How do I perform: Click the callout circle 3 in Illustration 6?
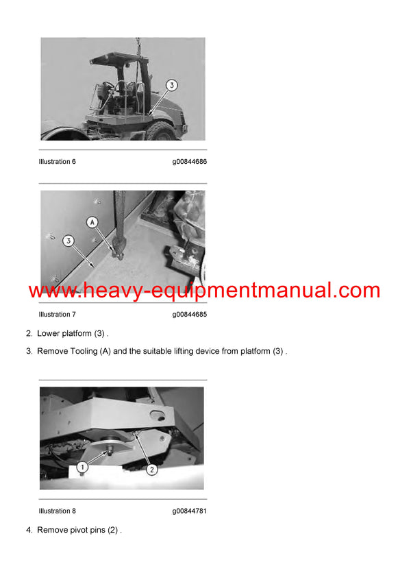[171, 85]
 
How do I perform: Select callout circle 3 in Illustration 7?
[68, 241]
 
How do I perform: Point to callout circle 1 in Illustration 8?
[82, 467]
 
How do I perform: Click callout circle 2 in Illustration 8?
[152, 470]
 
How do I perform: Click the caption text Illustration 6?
[58, 162]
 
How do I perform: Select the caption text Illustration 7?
[58, 315]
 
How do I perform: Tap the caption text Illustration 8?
[58, 511]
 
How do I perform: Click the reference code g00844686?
[189, 162]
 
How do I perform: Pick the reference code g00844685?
[189, 315]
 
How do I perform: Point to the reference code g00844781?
[189, 511]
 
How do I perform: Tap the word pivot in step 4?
[82, 530]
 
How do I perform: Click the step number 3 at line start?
[29, 351]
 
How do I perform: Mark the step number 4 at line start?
[29, 530]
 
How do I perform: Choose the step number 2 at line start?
[29, 333]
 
